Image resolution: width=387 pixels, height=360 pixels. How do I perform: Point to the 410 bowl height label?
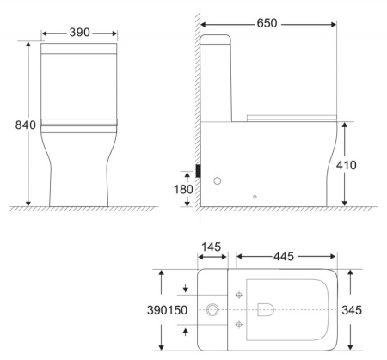pyautogui.click(x=359, y=164)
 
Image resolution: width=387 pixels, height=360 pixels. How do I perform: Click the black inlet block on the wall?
pyautogui.click(x=199, y=171)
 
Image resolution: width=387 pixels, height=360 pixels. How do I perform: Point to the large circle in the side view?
pyautogui.click(x=218, y=181)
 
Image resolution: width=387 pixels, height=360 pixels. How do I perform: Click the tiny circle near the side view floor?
pyautogui.click(x=255, y=197)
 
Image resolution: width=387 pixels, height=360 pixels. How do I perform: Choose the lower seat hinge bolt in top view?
pyautogui.click(x=238, y=324)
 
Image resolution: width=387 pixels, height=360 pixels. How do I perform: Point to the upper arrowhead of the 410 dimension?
pyautogui.click(x=346, y=125)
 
